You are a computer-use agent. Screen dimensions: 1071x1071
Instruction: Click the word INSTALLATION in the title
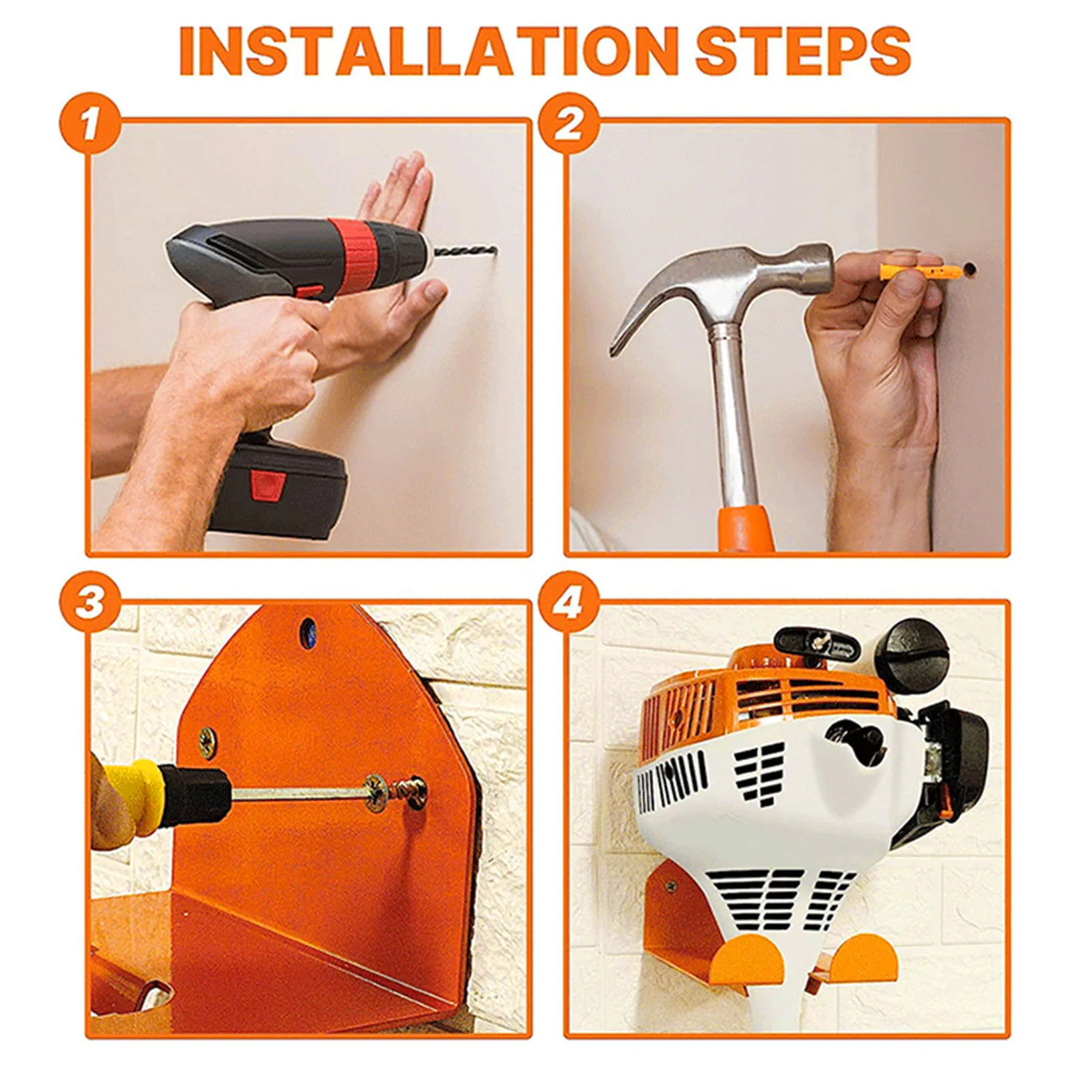pos(429,52)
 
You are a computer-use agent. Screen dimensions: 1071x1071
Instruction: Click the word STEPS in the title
pos(803,52)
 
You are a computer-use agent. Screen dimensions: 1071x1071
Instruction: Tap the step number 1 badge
pos(90,124)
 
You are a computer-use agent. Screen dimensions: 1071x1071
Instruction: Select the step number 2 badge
pos(569,124)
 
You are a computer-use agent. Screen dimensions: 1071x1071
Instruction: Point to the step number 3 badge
pos(90,602)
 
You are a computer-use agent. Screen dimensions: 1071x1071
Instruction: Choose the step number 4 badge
pos(569,602)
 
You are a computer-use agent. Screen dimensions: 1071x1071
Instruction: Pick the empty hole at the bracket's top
pos(308,632)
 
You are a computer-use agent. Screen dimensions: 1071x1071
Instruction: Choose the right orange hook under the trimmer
pos(862,959)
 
